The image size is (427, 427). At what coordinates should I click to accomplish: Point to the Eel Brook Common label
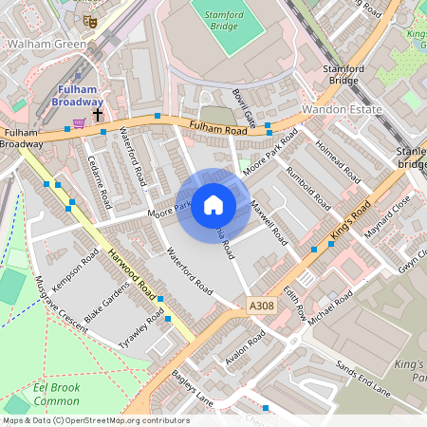[x=56, y=394]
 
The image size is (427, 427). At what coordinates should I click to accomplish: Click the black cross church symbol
[x=98, y=113]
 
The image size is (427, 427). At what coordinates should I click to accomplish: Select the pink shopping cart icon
[x=80, y=122]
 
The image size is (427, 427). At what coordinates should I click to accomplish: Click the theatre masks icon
[x=90, y=21]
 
